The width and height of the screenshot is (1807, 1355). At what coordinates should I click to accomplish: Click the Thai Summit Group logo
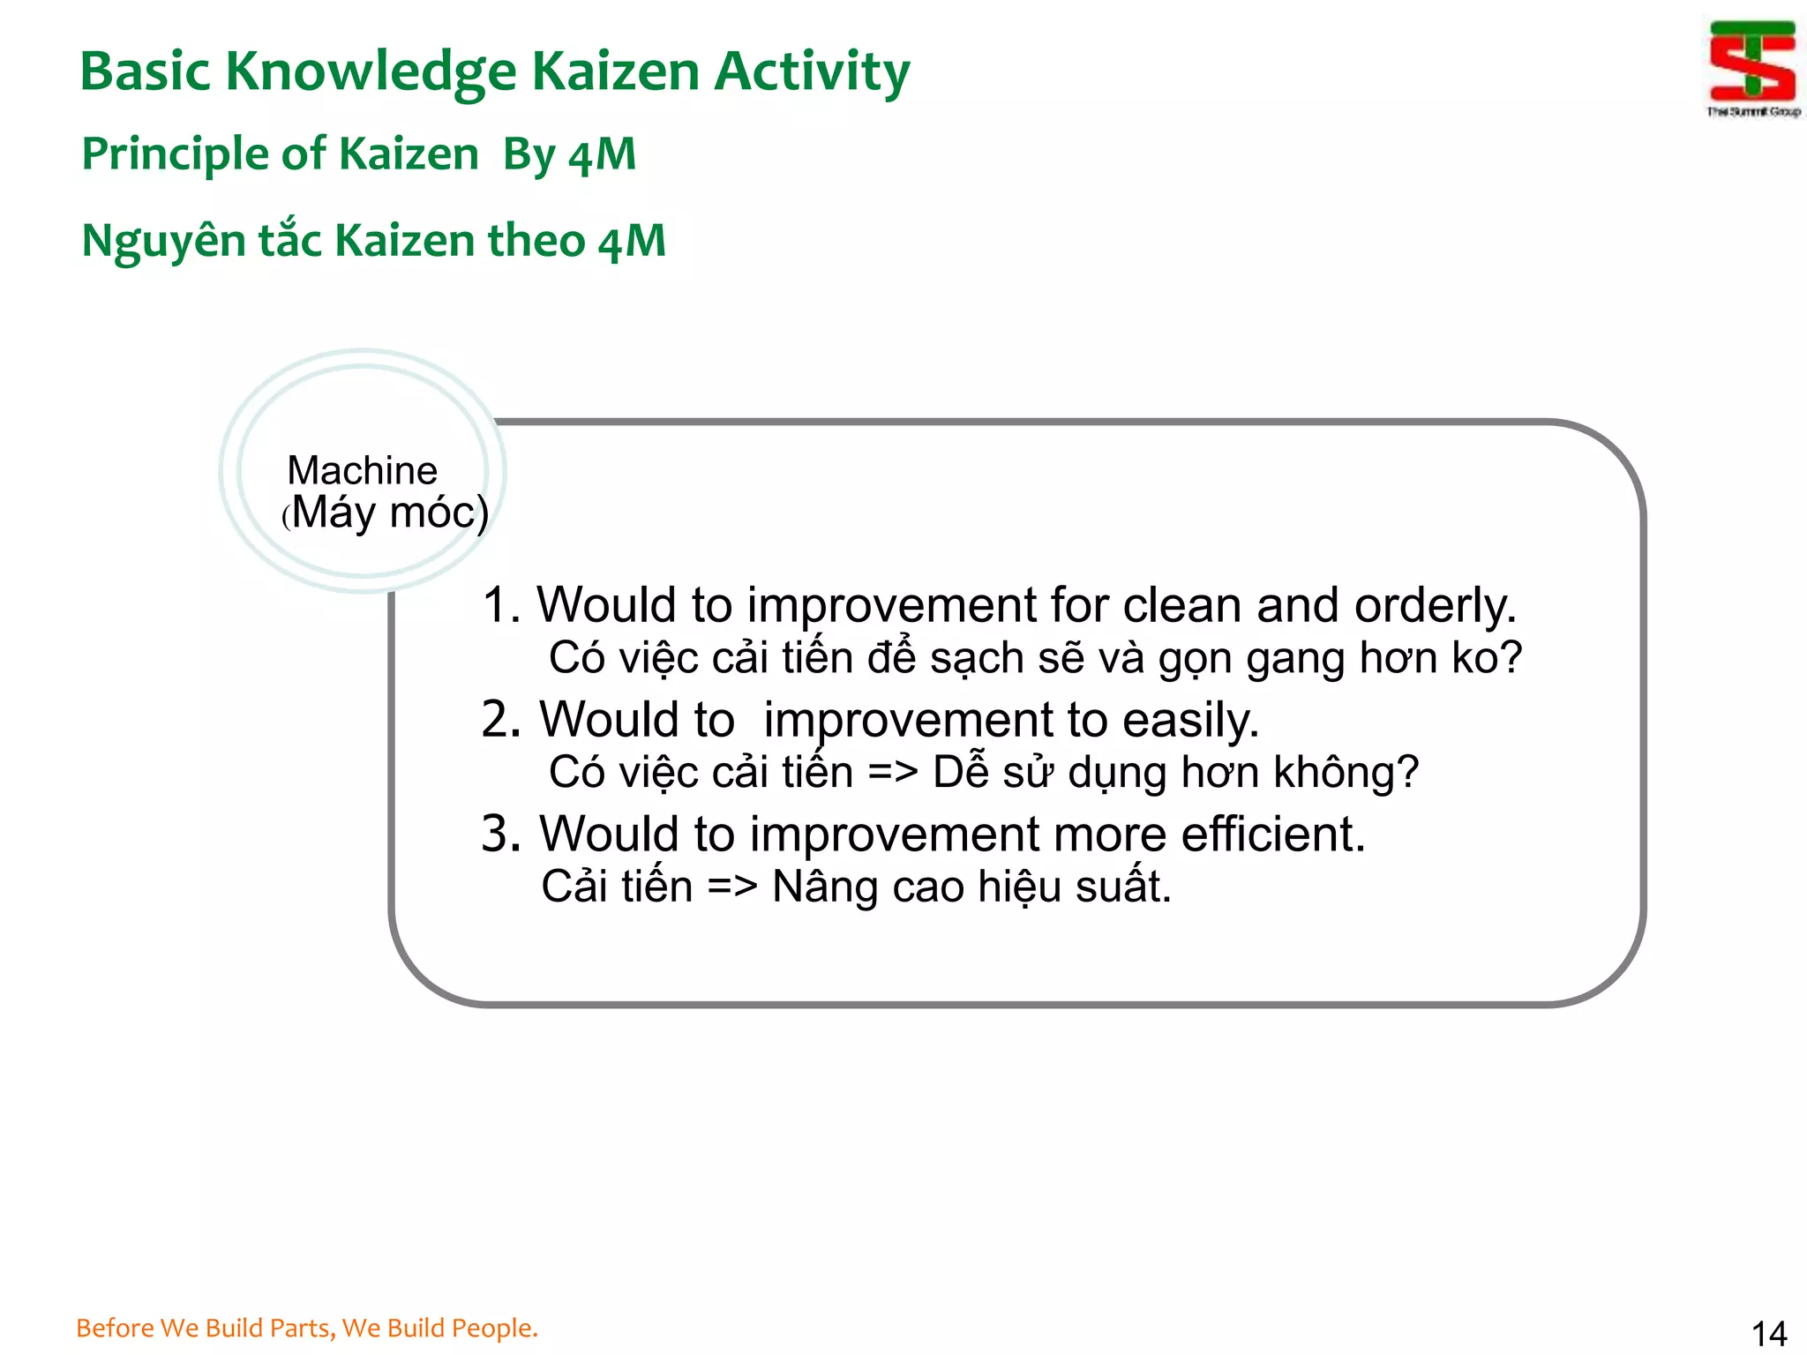pos(1751,65)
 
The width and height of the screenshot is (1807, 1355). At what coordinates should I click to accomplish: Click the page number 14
pos(1768,1333)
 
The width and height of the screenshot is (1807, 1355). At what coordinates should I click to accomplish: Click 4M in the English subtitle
pos(602,154)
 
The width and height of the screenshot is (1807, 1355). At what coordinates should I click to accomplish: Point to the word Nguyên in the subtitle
pos(163,242)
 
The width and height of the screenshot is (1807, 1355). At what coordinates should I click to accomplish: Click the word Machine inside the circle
pos(362,470)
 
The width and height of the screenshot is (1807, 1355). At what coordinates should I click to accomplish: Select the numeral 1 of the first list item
pos(497,606)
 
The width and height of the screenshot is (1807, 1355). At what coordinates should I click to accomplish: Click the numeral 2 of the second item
pos(499,720)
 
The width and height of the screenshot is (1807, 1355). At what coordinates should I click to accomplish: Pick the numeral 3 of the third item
pos(499,834)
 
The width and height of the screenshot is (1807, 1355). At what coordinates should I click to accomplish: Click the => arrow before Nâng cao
pos(732,887)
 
